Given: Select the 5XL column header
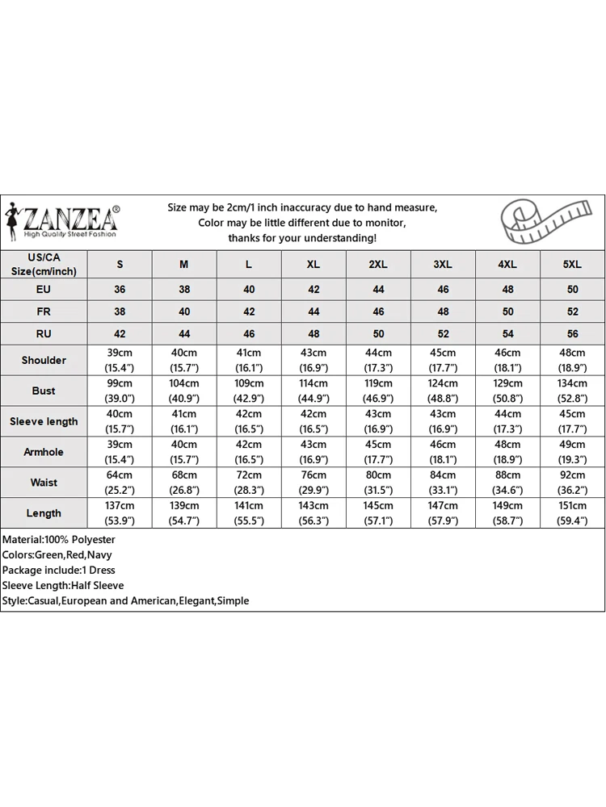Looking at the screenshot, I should click(x=572, y=265).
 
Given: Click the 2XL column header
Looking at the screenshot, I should click(x=378, y=265).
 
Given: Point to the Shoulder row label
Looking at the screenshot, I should click(x=44, y=360).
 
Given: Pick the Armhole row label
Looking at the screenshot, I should click(x=44, y=452).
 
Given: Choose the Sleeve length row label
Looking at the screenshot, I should click(x=44, y=421).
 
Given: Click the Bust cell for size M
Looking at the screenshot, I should click(x=184, y=391).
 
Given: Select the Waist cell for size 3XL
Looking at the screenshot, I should click(x=443, y=483).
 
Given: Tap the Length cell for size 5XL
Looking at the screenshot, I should click(x=572, y=513).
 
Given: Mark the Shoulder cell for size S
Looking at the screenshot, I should click(x=120, y=360).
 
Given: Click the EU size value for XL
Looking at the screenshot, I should click(x=314, y=289).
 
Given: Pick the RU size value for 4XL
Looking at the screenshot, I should click(x=507, y=333).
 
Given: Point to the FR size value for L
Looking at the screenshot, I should click(x=249, y=312).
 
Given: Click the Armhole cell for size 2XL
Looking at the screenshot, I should click(x=378, y=452).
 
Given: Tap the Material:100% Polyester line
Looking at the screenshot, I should click(x=59, y=539).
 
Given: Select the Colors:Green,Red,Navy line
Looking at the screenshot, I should click(x=57, y=554).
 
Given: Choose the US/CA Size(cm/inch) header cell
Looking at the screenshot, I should click(x=44, y=265).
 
